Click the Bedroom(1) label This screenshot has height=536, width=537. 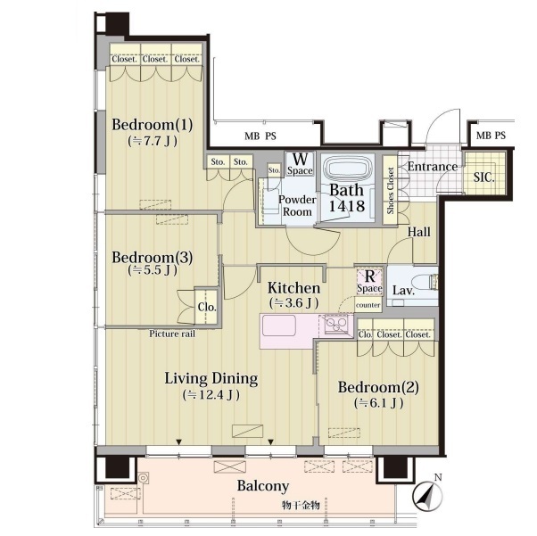click(152, 125)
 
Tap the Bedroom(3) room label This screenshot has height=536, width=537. click(152, 257)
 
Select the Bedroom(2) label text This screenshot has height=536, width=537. click(378, 387)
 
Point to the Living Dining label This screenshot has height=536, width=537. click(211, 379)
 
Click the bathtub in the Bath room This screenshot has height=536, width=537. click(347, 169)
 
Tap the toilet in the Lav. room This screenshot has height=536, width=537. click(425, 283)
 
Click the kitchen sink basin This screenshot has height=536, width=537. click(279, 326)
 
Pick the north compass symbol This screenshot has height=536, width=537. click(427, 492)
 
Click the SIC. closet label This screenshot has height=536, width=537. click(483, 177)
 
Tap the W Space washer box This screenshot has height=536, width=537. click(300, 164)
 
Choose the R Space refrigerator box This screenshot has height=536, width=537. click(369, 282)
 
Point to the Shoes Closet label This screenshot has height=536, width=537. click(390, 191)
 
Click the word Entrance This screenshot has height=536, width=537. click(433, 167)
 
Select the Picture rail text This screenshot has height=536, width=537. click(172, 334)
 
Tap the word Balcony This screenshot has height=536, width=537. click(263, 486)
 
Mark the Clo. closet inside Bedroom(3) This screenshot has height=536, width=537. click(207, 307)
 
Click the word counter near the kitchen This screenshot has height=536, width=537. click(368, 305)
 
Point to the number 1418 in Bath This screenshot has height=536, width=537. click(347, 206)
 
